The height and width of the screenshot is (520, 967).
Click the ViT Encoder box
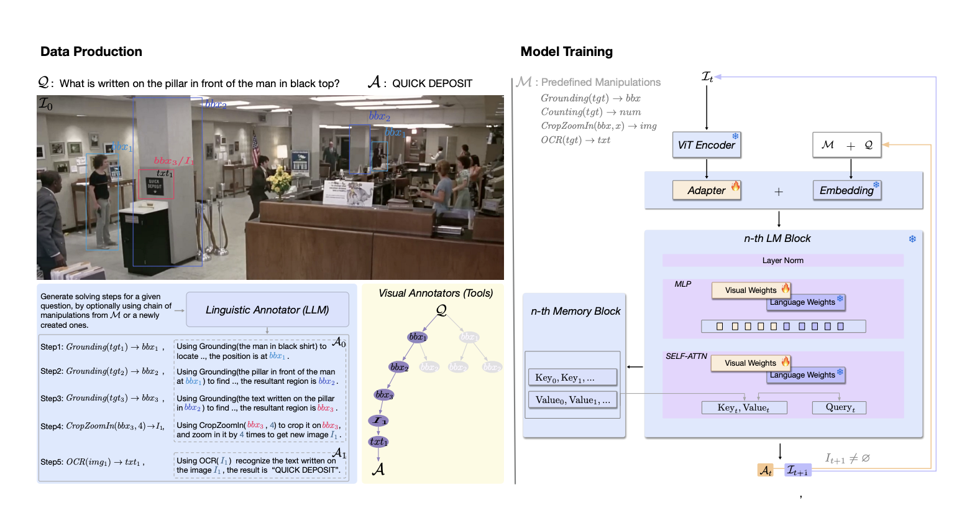click(x=706, y=145)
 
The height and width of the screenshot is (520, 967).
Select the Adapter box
click(x=706, y=190)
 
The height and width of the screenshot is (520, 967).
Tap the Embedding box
click(x=846, y=190)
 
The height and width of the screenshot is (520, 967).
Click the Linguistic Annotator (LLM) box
click(x=267, y=310)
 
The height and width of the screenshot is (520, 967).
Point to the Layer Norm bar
click(x=782, y=261)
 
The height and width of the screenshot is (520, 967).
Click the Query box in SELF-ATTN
click(x=840, y=407)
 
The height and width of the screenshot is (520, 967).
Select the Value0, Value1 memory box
click(x=572, y=400)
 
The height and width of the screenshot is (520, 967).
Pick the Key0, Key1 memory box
click(x=572, y=378)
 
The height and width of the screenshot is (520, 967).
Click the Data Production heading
click(x=91, y=52)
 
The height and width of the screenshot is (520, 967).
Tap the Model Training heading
click(x=566, y=52)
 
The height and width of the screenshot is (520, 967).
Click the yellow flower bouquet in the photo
click(x=279, y=181)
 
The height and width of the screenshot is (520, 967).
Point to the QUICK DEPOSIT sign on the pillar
click(x=155, y=185)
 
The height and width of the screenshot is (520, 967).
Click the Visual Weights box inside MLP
click(x=750, y=290)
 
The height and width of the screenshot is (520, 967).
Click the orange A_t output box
click(x=765, y=471)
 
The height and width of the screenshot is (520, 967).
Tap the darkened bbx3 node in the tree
click(x=384, y=395)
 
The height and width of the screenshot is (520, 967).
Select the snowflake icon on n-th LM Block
click(x=912, y=239)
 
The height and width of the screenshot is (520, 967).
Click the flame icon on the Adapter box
click(x=735, y=186)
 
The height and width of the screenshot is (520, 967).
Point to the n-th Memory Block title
click(x=575, y=311)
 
